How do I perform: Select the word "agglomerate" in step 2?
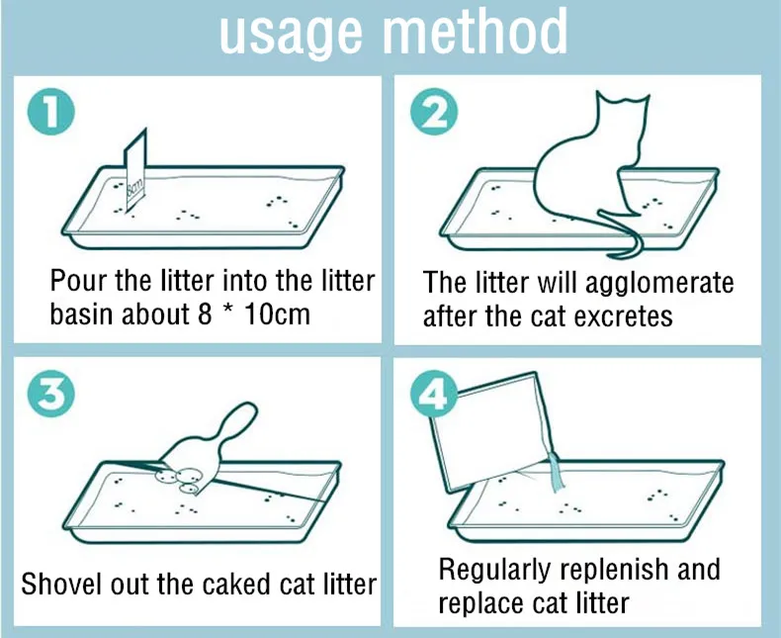(x=659, y=283)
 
